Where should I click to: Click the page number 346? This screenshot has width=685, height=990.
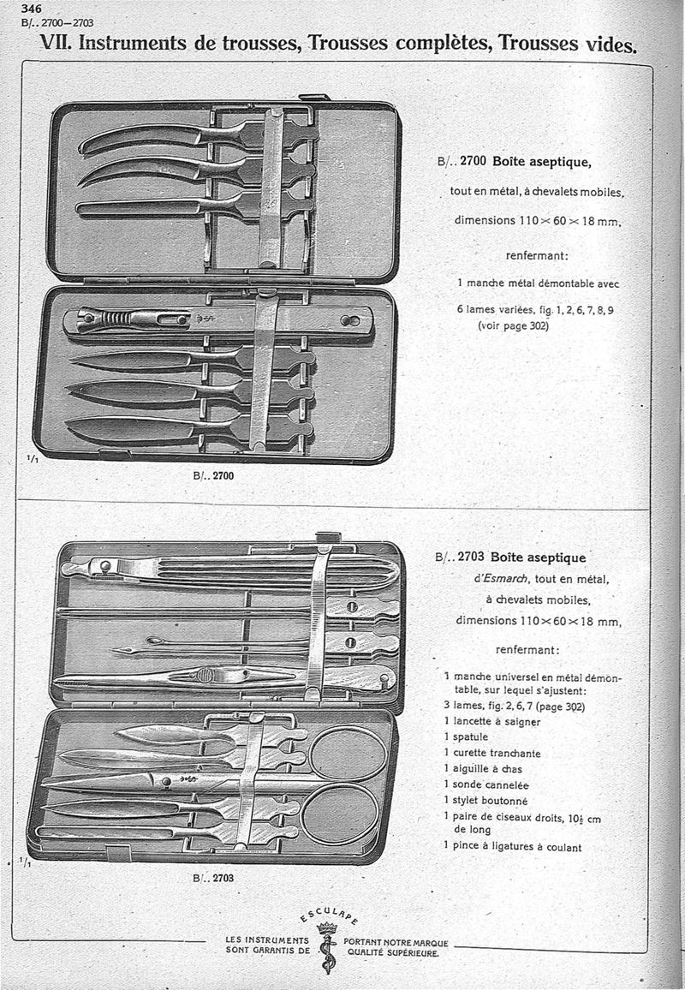click(32, 9)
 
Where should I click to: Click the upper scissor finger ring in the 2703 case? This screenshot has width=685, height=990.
click(348, 754)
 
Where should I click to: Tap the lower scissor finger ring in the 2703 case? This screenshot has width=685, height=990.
click(340, 814)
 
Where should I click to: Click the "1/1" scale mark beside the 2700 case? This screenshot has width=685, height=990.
click(32, 459)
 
